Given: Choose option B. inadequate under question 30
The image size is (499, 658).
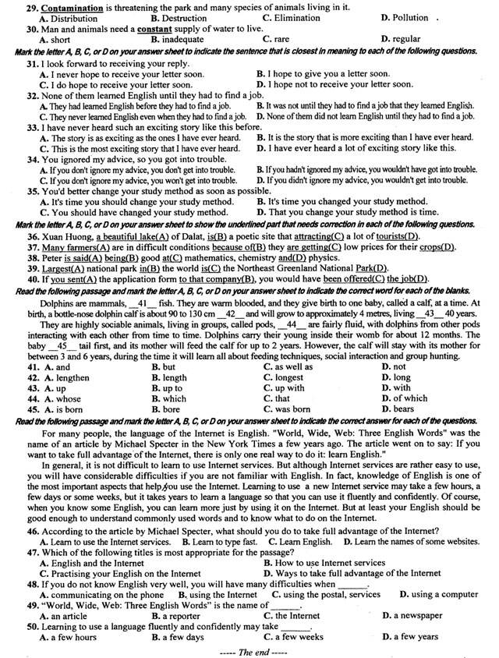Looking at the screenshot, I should pyautogui.click(x=182, y=39).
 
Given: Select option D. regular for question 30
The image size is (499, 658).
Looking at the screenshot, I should pyautogui.click(x=402, y=39).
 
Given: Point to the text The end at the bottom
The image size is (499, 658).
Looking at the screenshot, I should pyautogui.click(x=249, y=651).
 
